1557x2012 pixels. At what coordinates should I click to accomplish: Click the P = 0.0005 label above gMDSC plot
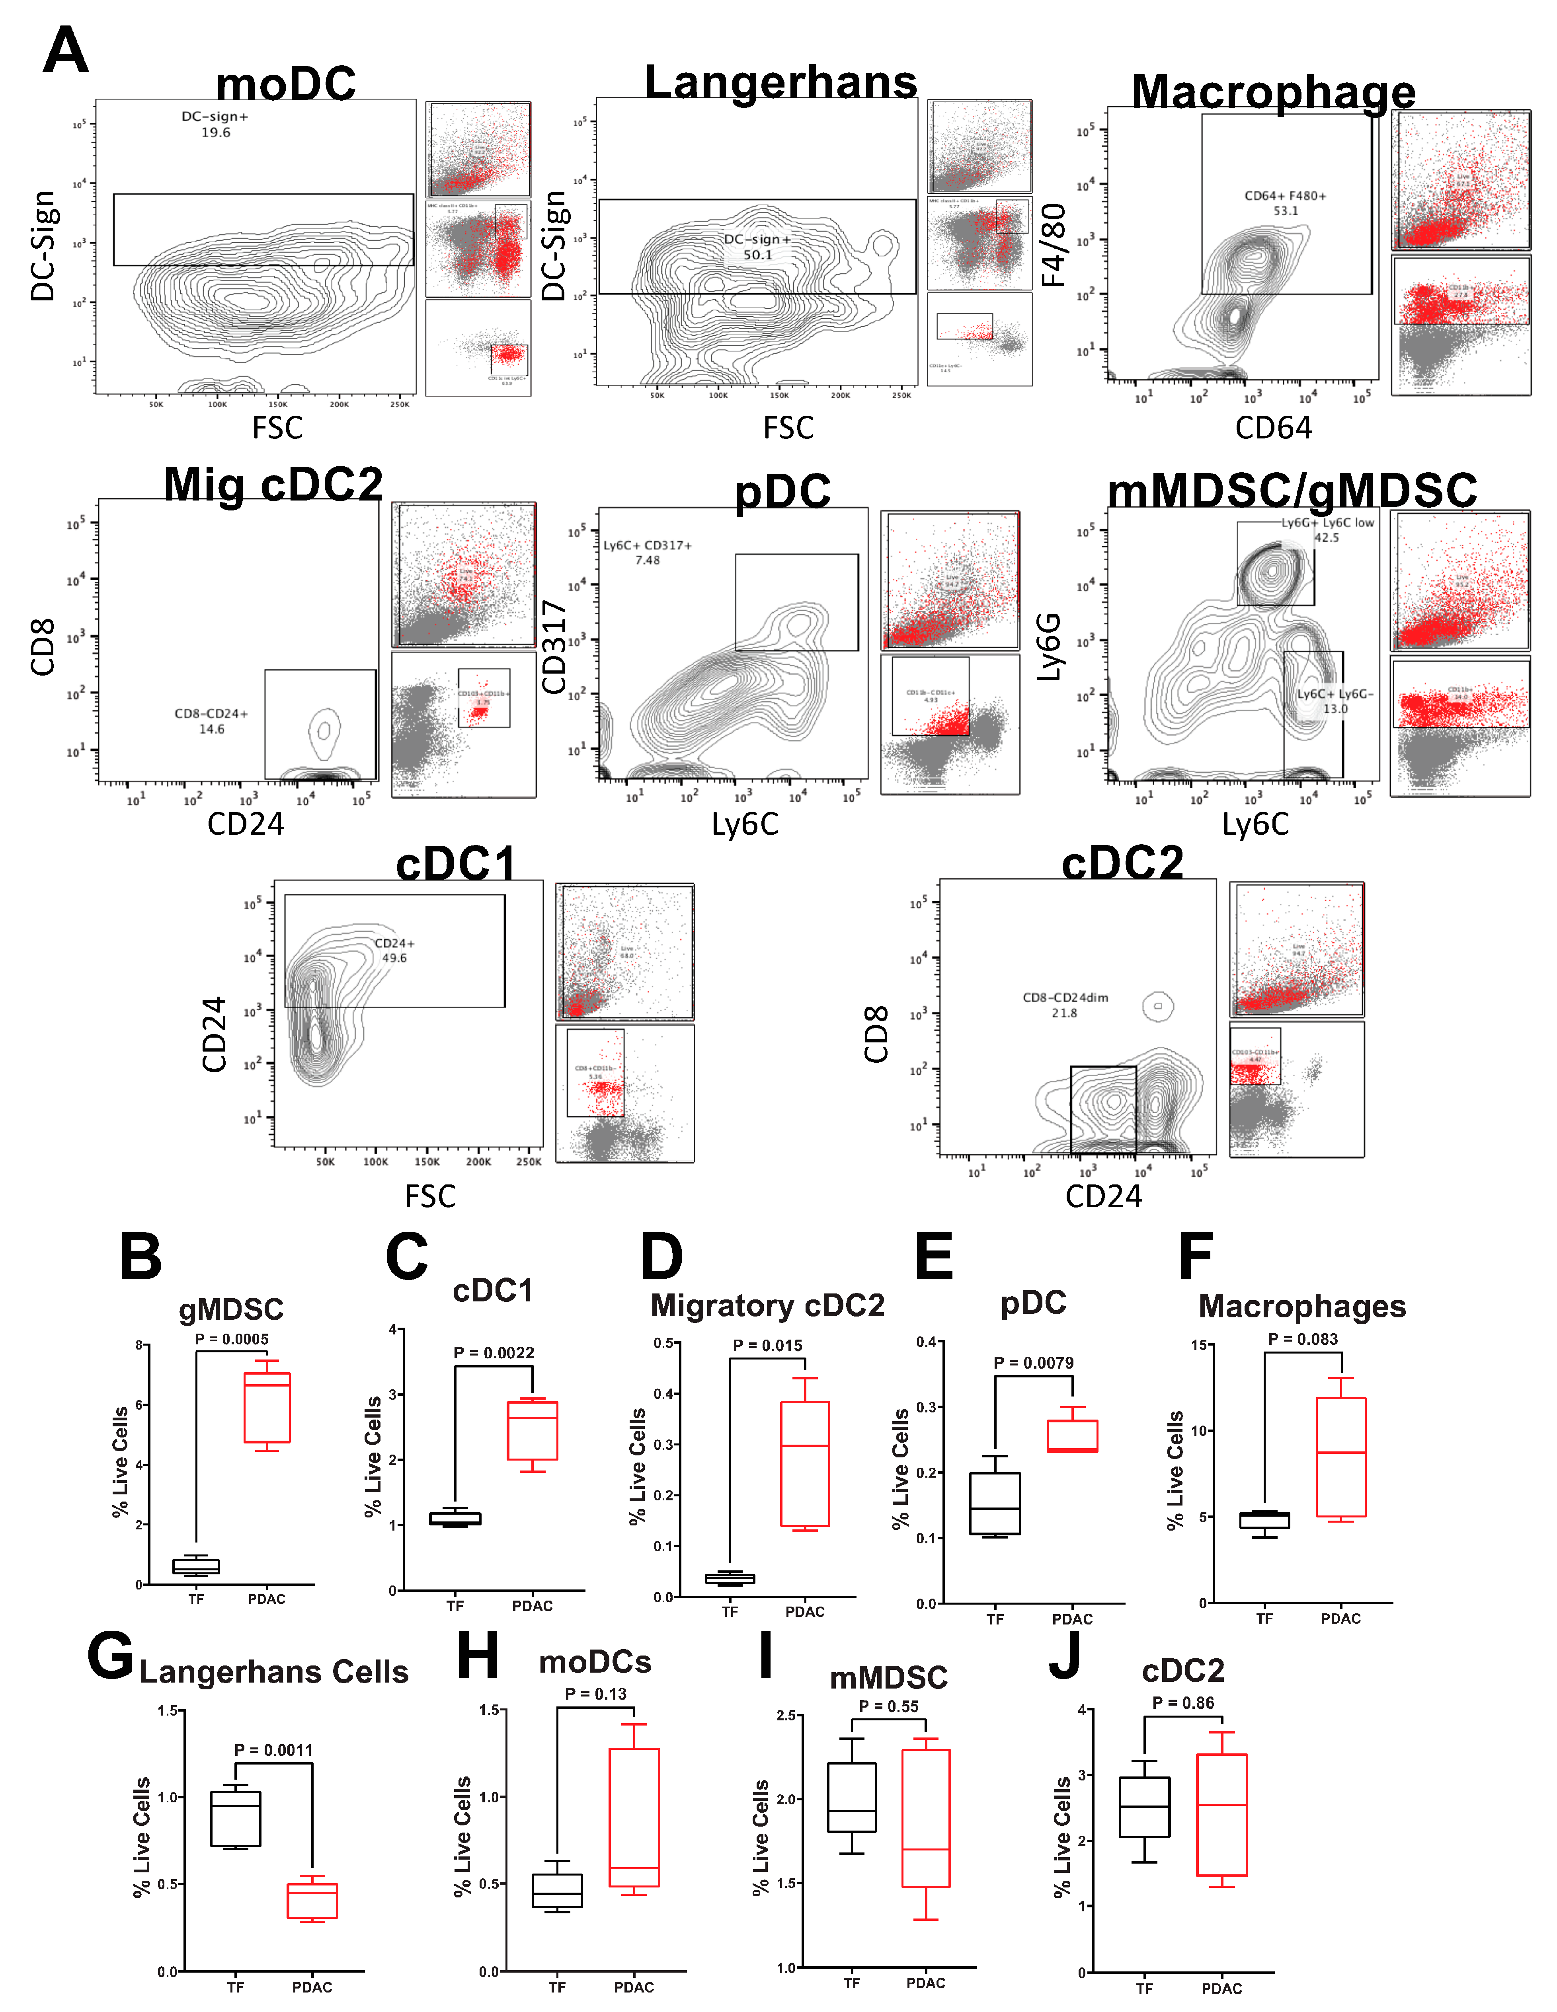click(231, 1338)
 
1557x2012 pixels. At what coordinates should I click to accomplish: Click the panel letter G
click(111, 1656)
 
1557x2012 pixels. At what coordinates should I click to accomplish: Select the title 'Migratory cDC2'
click(767, 1305)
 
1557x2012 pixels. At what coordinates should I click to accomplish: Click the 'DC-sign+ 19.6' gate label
click(215, 125)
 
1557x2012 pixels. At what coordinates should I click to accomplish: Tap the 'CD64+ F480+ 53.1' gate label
click(1285, 203)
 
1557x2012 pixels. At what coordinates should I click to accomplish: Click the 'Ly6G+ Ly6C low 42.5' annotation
click(1327, 530)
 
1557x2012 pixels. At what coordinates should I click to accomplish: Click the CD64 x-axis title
click(1273, 427)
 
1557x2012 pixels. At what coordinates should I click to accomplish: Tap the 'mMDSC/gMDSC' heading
click(1292, 489)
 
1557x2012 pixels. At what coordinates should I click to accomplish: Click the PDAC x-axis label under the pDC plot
click(1072, 1619)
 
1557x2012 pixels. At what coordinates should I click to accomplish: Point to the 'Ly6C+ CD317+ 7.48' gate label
click(647, 552)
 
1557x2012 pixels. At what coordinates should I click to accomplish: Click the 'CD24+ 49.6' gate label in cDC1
click(394, 950)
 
